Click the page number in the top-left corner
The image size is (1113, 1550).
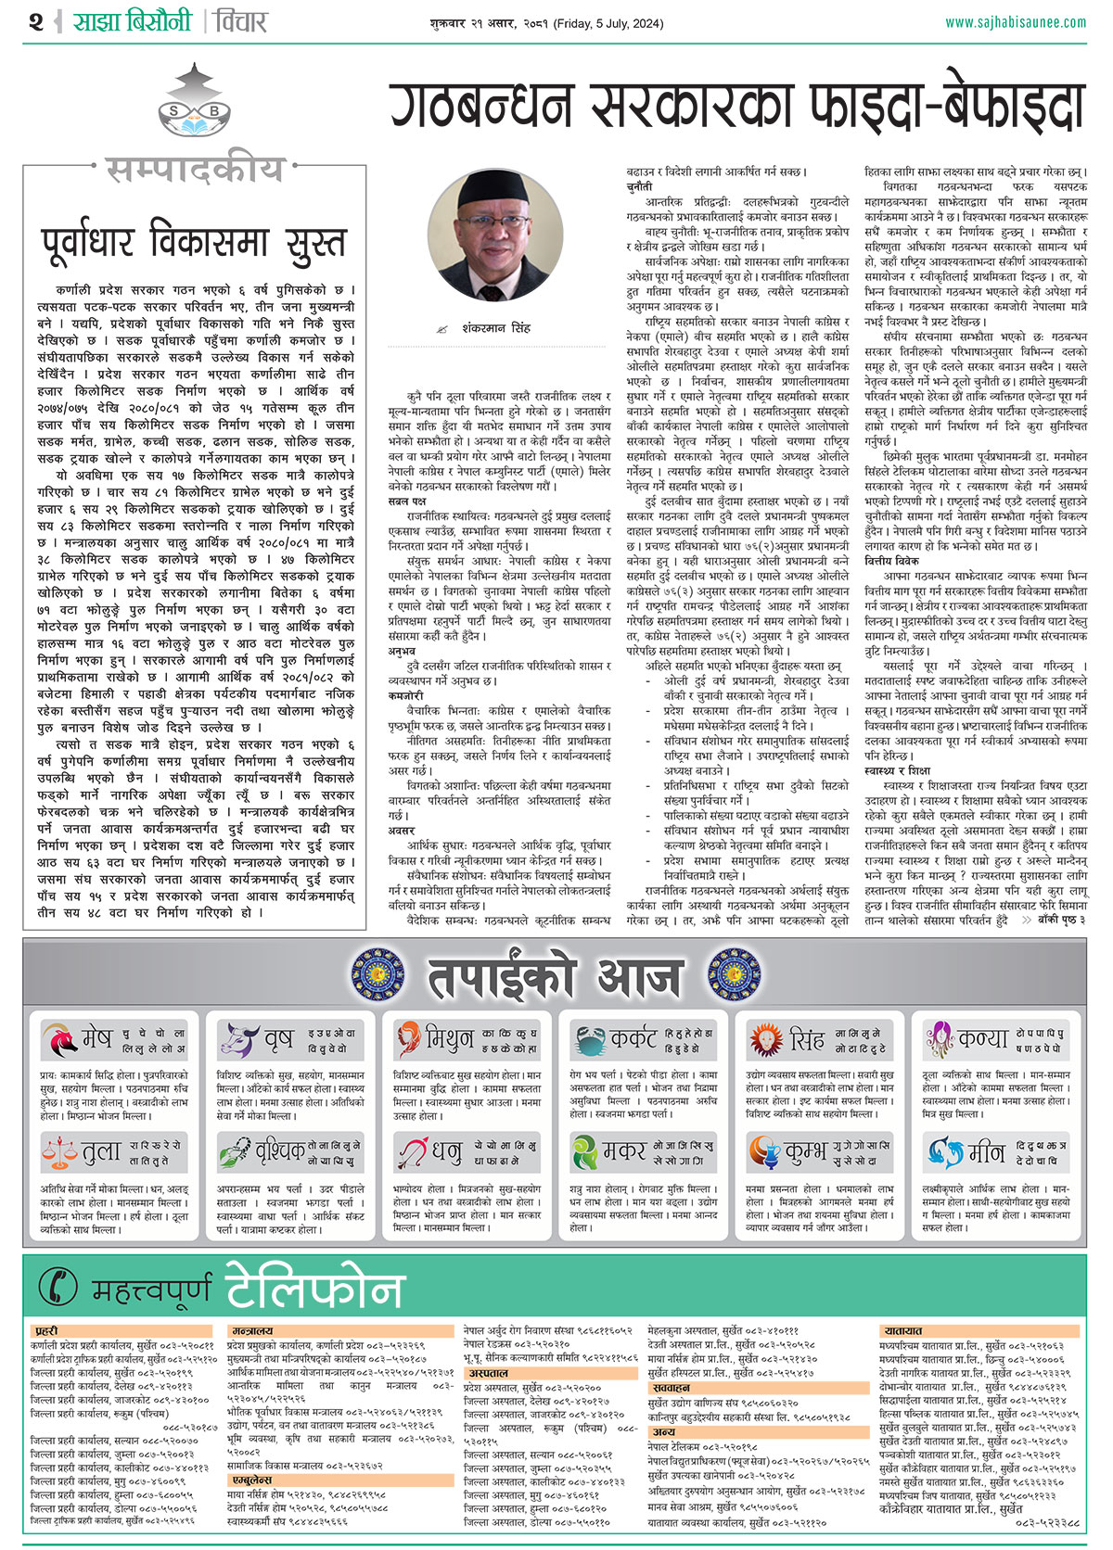(36, 21)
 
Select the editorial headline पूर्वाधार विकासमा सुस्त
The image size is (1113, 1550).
(194, 242)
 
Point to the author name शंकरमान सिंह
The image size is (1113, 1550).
(496, 327)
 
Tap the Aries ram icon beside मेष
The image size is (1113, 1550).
(59, 1039)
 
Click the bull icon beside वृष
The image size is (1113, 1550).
(237, 1039)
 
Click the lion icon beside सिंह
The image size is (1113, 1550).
(766, 1039)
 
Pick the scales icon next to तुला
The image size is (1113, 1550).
(59, 1152)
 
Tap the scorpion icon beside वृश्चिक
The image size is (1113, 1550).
(236, 1152)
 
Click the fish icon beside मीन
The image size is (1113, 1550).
(944, 1152)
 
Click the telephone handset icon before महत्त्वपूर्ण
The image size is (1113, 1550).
(58, 1287)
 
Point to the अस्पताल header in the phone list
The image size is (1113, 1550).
(488, 1374)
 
